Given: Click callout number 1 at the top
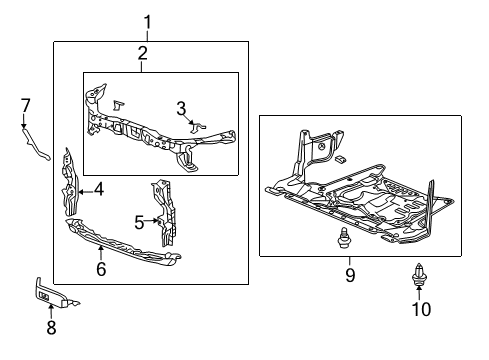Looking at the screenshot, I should tap(147, 22).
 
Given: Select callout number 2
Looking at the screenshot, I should tap(142, 53).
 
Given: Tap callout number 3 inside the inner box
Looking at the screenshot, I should tap(181, 107).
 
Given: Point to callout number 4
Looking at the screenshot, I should tap(99, 188).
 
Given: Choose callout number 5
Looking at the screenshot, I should tap(139, 220).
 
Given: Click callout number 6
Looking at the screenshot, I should tap(100, 268).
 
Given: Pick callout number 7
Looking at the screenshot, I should tap(26, 104).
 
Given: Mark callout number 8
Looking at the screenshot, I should tap(50, 327).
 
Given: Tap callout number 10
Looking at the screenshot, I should tap(421, 309).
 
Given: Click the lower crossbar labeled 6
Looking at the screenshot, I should tap(120, 247).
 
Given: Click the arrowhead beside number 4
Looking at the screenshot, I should tap(82, 188).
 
